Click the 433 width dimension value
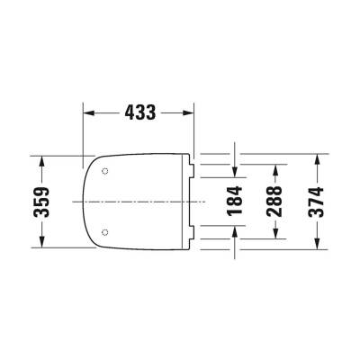click(139, 112)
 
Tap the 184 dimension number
click(236, 201)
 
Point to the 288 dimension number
click(275, 201)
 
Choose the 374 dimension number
click(316, 201)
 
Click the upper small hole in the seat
click(105, 171)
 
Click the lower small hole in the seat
click(105, 233)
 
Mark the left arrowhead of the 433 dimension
click(88, 112)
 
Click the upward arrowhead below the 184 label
click(236, 228)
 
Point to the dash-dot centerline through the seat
click(144, 202)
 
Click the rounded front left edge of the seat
click(83, 202)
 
